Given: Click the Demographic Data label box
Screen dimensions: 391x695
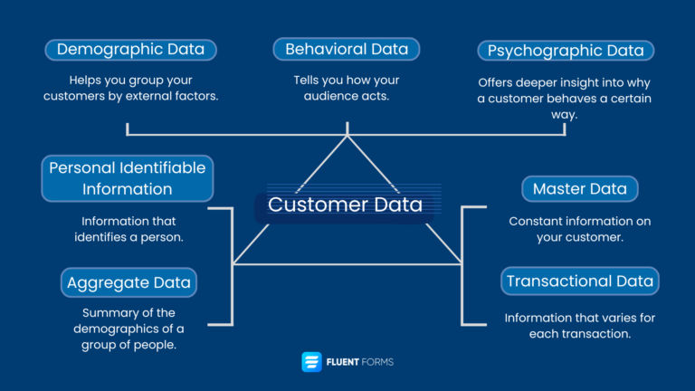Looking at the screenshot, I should pyautogui.click(x=130, y=49).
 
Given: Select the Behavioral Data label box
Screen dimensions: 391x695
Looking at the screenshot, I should pyautogui.click(x=347, y=49).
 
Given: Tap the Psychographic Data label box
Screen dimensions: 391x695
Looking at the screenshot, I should pyautogui.click(x=566, y=50).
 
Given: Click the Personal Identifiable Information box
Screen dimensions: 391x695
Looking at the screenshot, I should pyautogui.click(x=128, y=178).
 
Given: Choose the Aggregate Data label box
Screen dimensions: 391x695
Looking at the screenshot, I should pyautogui.click(x=129, y=282).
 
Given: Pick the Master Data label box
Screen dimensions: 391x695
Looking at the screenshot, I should pyautogui.click(x=580, y=189).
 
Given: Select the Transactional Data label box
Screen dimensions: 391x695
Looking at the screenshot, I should pyautogui.click(x=580, y=281).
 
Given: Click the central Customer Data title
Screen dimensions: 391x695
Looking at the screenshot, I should pyautogui.click(x=345, y=205).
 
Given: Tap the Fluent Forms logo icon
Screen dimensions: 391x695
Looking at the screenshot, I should pyautogui.click(x=311, y=362).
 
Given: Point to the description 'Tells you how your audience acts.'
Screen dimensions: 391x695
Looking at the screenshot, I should pyautogui.click(x=347, y=88).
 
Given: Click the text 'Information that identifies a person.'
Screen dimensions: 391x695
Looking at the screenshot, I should pyautogui.click(x=129, y=229).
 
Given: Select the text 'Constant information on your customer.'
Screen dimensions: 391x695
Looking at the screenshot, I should pyautogui.click(x=580, y=229).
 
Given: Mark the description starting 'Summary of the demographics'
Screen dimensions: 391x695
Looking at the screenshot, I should pyautogui.click(x=129, y=328).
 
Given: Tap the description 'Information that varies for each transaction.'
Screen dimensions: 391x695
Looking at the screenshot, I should pyautogui.click(x=580, y=326).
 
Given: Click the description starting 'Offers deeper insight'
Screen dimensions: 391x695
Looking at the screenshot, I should pyautogui.click(x=566, y=98).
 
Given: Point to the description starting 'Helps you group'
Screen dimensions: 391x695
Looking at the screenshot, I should pyautogui.click(x=130, y=88).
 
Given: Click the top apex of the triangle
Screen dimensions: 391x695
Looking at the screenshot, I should pyautogui.click(x=347, y=137).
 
